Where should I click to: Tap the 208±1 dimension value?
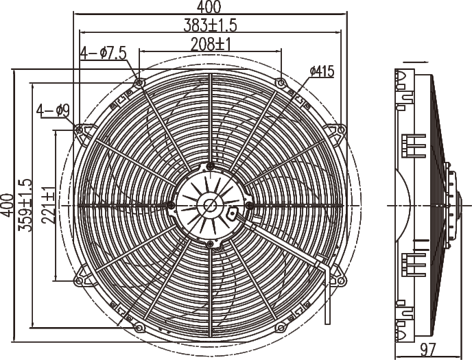point(210,44)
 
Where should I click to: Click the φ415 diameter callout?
point(321,71)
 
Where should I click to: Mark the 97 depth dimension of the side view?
point(428,350)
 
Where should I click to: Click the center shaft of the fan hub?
point(210,204)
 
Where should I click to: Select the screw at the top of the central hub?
point(210,166)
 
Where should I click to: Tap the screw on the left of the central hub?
point(171,204)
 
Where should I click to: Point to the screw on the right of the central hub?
point(248,204)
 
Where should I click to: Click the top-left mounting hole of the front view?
point(139,83)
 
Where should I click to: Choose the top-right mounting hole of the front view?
point(281,83)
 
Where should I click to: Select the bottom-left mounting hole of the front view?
point(139,327)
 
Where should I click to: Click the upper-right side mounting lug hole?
point(341,130)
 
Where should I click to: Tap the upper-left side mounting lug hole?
point(80,130)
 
